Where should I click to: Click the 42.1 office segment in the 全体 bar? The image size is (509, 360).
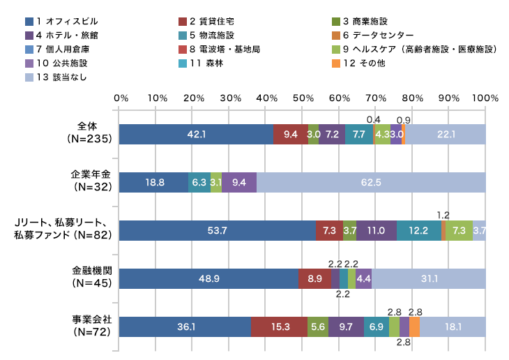pos(196,134)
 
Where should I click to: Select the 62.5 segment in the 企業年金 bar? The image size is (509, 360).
pos(371,182)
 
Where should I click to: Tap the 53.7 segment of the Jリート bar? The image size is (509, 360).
pos(218,230)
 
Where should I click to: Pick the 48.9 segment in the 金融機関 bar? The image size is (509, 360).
pos(208,278)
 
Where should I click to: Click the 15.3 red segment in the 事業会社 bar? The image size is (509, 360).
pos(279,327)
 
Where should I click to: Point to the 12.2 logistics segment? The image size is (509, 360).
pos(419,230)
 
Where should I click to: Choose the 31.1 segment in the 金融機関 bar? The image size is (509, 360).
pos(429,278)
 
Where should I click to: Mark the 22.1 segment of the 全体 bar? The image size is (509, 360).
pos(446,134)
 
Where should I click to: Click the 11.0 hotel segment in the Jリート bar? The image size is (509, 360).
pos(377,230)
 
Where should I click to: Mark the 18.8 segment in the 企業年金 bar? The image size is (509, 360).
pos(154,182)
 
